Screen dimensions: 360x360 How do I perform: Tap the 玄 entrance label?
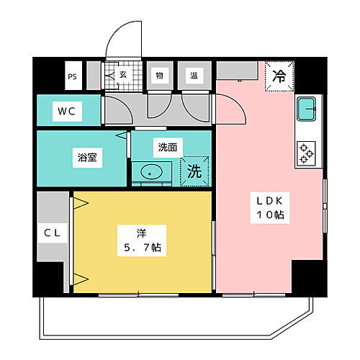[x=123, y=73]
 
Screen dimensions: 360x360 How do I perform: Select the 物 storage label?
[x=158, y=73]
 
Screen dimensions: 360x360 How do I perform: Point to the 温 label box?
[x=194, y=73]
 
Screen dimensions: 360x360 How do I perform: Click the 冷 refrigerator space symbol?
[x=278, y=73]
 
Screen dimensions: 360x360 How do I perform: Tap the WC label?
[x=66, y=112]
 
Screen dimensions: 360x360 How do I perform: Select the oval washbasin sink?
[x=152, y=174]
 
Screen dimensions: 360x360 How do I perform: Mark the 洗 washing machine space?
[x=194, y=173]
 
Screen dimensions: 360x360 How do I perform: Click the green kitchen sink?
[x=307, y=110]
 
